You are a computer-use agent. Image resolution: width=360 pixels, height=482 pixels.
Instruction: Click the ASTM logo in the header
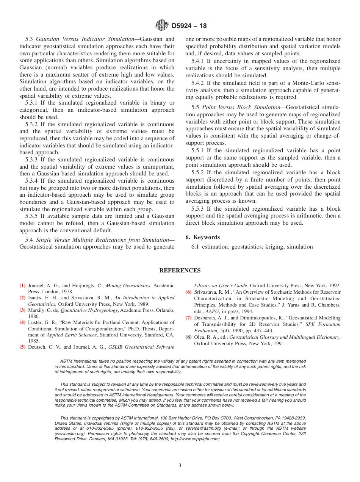(162, 26)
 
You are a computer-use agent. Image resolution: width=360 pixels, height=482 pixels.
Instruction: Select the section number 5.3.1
(33, 103)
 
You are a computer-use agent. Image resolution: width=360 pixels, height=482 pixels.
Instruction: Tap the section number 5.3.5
(33, 216)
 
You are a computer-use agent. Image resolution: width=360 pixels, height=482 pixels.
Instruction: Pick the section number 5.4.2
(199, 83)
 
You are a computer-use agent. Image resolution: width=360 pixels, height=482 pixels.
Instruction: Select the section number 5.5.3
(199, 209)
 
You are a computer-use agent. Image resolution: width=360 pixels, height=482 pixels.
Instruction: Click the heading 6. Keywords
(202, 237)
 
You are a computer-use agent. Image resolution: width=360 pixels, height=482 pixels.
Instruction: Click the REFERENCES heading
(180, 271)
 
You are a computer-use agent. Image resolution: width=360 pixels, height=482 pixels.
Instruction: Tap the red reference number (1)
(22, 286)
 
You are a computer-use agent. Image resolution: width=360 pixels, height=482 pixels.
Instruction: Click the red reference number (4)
(22, 322)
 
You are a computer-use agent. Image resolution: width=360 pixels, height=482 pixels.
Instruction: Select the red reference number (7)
(188, 318)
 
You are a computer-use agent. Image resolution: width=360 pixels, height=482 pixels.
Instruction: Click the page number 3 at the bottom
(180, 465)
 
